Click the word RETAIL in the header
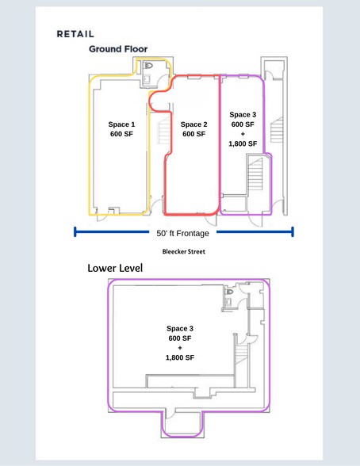click(x=76, y=35)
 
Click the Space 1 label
click(x=121, y=124)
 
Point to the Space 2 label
click(x=193, y=124)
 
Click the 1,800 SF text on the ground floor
click(x=243, y=144)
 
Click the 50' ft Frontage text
click(x=184, y=233)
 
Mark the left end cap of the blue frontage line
click(x=75, y=232)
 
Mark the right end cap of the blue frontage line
click(x=293, y=232)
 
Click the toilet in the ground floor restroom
click(x=148, y=66)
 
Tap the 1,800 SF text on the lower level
click(x=180, y=357)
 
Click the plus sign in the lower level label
click(x=180, y=348)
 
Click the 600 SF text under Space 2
click(x=193, y=135)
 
